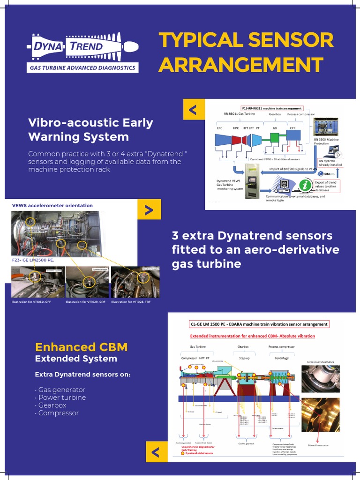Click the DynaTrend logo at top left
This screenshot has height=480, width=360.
pos(82,52)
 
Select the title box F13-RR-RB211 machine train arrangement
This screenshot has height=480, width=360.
pos(271,108)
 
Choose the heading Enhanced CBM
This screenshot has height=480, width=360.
pos(81,347)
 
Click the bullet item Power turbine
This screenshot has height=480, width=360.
pos(62,397)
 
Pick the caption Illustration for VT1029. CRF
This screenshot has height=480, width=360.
pos(85,302)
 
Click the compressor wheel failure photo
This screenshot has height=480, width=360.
pos(320,379)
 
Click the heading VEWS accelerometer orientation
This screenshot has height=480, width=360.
pos(52,205)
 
